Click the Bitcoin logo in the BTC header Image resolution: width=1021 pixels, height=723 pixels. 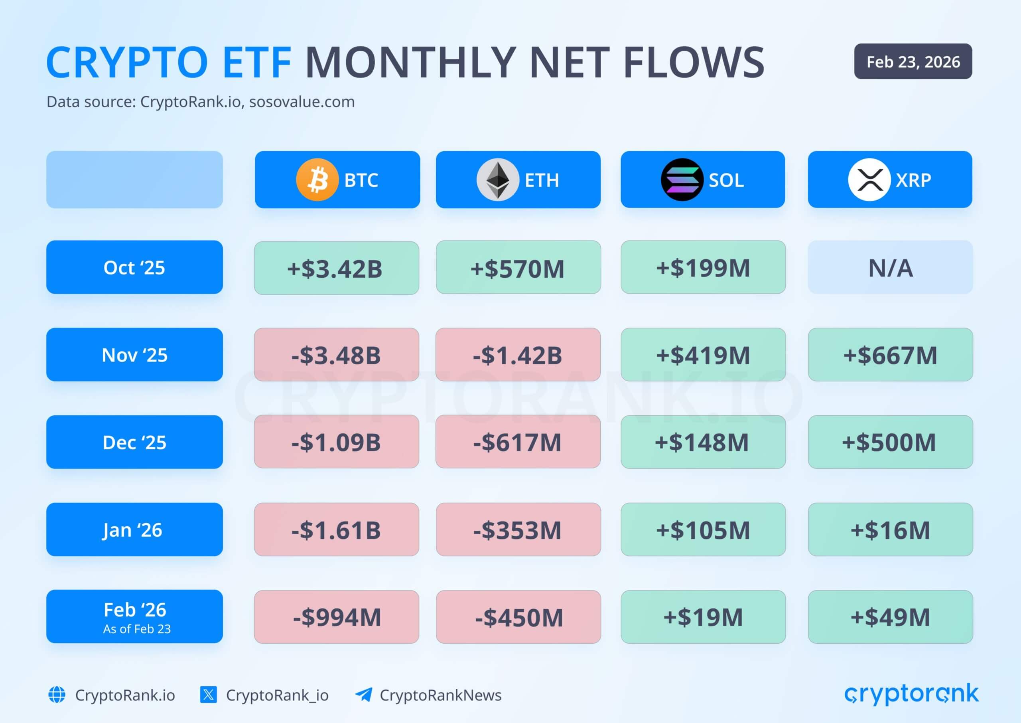317,180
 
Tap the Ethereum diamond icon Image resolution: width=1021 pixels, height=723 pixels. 497,180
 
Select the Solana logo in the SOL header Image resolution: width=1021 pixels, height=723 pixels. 682,180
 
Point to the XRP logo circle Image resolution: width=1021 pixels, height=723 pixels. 869,180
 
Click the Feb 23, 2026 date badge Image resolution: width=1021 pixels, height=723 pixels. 913,61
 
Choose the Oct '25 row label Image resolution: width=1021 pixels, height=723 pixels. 134,267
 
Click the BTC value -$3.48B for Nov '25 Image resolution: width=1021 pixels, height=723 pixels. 336,355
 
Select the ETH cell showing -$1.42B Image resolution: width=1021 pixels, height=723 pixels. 518,355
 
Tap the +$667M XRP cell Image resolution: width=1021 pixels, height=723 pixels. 890,355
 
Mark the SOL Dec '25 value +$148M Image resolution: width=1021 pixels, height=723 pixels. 702,442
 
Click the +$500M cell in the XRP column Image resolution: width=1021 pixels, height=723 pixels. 890,442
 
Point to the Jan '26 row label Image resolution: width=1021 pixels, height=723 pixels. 134,529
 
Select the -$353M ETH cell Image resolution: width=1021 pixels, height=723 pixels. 518,529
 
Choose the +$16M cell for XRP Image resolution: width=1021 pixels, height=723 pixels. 890,529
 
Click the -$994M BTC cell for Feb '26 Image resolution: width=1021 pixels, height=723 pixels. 336,616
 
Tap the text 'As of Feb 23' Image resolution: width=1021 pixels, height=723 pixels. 136,628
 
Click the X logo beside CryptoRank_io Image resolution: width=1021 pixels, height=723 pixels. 208,695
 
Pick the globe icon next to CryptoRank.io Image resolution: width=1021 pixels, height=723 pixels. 57,695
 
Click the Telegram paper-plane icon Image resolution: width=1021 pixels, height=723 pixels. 363,695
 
